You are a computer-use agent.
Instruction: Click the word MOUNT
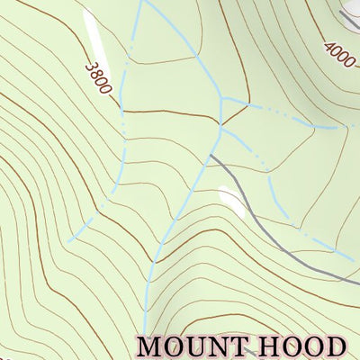[197, 346]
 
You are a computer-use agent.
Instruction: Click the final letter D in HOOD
[335, 346]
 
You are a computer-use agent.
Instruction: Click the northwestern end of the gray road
[211, 156]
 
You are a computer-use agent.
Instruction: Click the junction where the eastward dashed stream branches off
[224, 98]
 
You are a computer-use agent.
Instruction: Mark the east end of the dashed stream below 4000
[346, 127]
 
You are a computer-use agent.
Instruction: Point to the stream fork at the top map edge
[141, 2]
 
